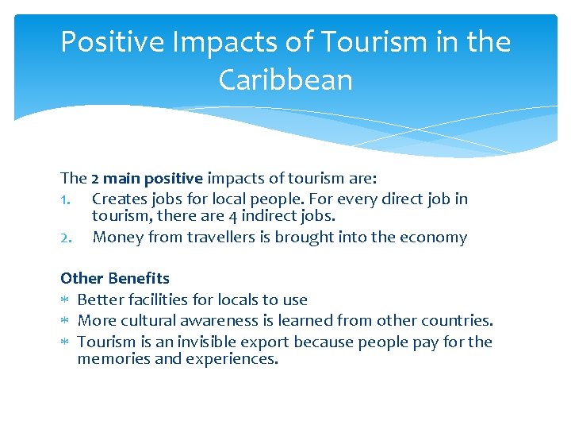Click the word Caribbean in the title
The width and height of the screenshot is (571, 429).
(285, 79)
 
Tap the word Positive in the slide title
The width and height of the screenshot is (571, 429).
(112, 41)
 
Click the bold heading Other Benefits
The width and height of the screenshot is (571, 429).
(115, 278)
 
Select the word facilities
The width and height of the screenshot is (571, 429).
(155, 300)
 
